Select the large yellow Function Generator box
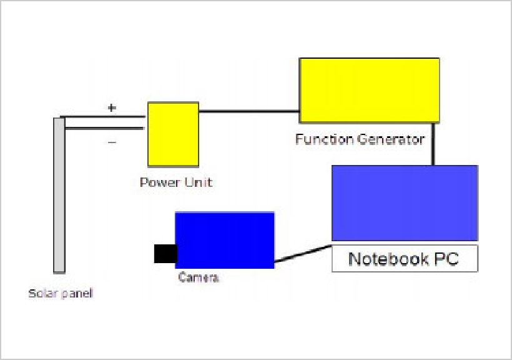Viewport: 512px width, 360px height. click(369, 90)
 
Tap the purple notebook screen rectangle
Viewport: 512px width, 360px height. click(405, 202)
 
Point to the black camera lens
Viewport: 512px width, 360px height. click(165, 253)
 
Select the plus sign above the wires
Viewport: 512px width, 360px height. click(112, 107)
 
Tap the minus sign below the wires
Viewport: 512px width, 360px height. click(112, 142)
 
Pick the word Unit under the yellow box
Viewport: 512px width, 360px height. click(198, 182)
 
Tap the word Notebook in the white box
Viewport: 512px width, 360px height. click(379, 259)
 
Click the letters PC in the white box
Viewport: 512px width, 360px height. click(446, 259)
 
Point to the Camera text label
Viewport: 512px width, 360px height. click(199, 277)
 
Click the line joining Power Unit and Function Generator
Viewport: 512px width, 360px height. click(249, 112)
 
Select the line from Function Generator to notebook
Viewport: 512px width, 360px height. click(433, 144)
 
